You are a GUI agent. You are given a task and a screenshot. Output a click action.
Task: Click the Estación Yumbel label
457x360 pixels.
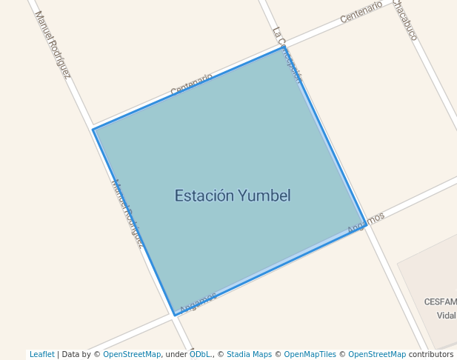[232, 196]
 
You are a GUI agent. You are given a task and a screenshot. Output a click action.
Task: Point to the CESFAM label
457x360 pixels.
[440, 301]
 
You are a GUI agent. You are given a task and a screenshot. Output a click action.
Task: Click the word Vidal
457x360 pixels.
[446, 315]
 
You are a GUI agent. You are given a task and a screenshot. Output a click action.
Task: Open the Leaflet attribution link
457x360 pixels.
[41, 354]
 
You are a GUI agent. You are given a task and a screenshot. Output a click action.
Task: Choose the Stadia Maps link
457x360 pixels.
[249, 354]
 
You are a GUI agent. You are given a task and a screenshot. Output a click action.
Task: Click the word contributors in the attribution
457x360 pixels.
[431, 354]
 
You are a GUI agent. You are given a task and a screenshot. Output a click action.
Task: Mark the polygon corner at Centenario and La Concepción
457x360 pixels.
[281, 47]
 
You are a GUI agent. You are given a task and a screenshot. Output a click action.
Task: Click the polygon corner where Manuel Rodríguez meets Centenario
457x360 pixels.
[93, 130]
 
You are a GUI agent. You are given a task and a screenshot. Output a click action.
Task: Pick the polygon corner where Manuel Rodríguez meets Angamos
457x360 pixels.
[175, 315]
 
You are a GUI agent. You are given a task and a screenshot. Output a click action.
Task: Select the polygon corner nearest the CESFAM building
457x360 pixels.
[366, 224]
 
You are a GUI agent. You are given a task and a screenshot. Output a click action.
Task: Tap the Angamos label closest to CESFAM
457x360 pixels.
[366, 223]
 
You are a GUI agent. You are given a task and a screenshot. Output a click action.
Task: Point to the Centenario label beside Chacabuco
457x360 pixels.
[361, 13]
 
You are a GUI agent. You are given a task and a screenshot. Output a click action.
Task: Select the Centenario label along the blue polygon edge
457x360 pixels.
[191, 84]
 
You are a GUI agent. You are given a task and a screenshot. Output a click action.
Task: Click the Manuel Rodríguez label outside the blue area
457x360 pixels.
[53, 44]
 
